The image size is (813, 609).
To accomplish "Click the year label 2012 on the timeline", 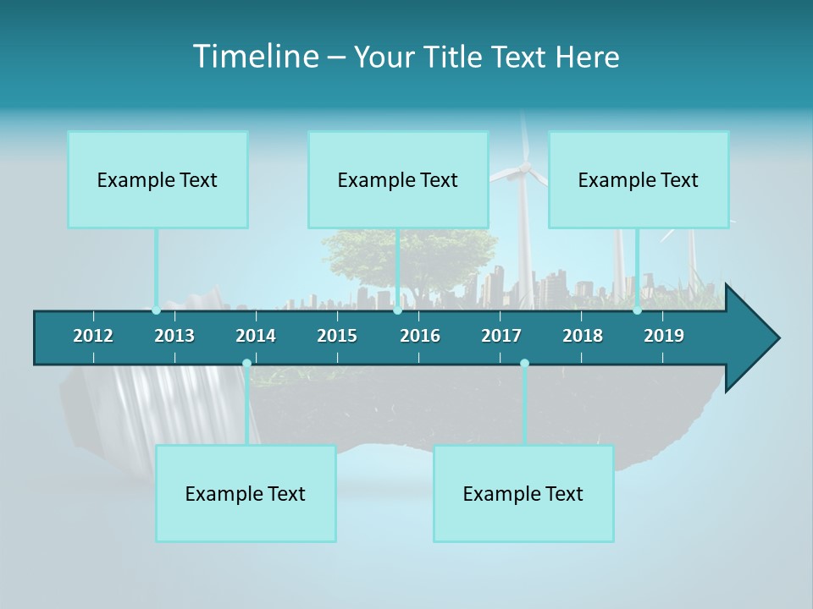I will coord(93,336).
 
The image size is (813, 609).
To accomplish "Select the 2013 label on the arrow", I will coord(174,336).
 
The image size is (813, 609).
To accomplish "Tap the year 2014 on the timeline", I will coord(256,336).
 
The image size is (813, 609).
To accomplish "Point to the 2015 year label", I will coord(337,336).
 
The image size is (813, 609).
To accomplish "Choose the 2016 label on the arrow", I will coord(420,336).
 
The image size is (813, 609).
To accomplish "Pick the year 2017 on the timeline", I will coord(501,336).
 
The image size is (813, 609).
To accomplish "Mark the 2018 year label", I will coord(583,336).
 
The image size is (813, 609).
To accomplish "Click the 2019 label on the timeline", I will coord(664,336).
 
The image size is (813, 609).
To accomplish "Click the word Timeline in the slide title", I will coord(253,57).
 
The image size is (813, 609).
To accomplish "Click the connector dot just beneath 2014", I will coord(246,364).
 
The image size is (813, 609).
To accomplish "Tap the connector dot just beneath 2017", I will coord(524,364).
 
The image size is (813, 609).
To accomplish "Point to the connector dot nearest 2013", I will coord(157,310).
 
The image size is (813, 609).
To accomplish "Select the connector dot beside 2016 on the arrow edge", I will coord(397,310).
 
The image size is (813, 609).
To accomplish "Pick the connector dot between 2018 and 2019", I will coord(637,310).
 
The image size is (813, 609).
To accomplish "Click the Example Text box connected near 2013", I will coord(158,180).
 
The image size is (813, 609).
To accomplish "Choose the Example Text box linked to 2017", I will coord(523,494).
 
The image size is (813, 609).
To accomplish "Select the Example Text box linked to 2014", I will coord(246,494).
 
